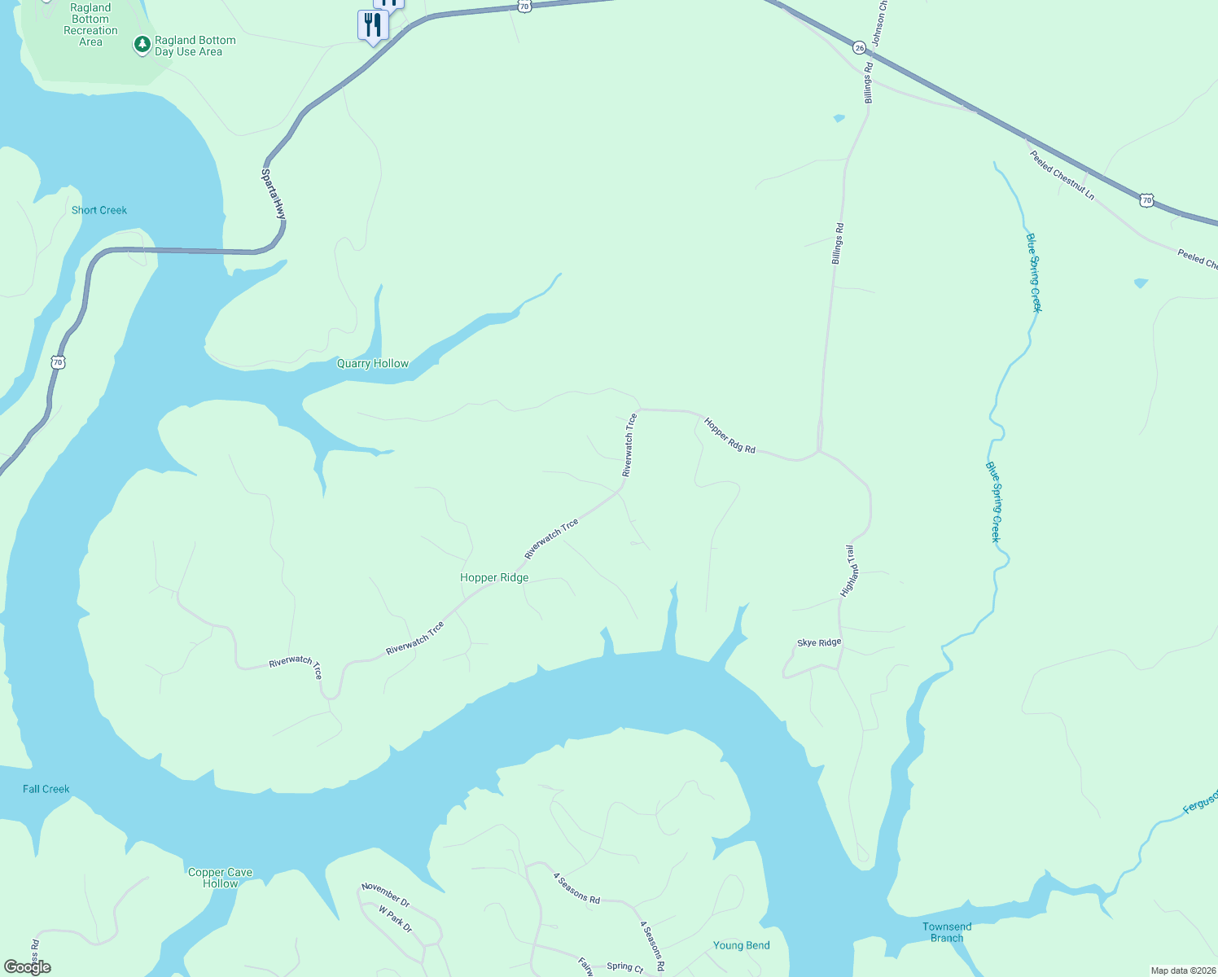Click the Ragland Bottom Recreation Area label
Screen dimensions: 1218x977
coord(90,24)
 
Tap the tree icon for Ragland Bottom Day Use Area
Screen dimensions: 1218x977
coord(142,44)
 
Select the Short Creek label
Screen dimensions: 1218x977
coord(99,210)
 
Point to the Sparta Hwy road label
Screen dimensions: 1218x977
coord(274,193)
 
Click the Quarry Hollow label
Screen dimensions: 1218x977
coord(373,364)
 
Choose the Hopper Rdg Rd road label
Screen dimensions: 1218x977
coord(729,436)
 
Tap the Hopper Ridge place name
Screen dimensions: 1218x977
coord(494,578)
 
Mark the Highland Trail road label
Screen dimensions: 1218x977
coord(850,572)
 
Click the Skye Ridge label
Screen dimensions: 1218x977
coord(819,643)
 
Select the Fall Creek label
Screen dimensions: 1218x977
coord(46,789)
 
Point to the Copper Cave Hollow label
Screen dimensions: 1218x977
coord(221,878)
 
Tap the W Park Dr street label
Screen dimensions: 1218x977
coord(396,918)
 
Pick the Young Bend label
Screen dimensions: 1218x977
coord(741,945)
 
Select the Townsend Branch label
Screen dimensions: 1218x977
coord(947,932)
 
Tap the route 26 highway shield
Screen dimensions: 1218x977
coord(860,48)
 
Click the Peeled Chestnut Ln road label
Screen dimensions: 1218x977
coord(1062,175)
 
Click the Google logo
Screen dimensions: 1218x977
coord(27,967)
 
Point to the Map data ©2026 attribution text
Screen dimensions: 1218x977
coord(1183,970)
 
